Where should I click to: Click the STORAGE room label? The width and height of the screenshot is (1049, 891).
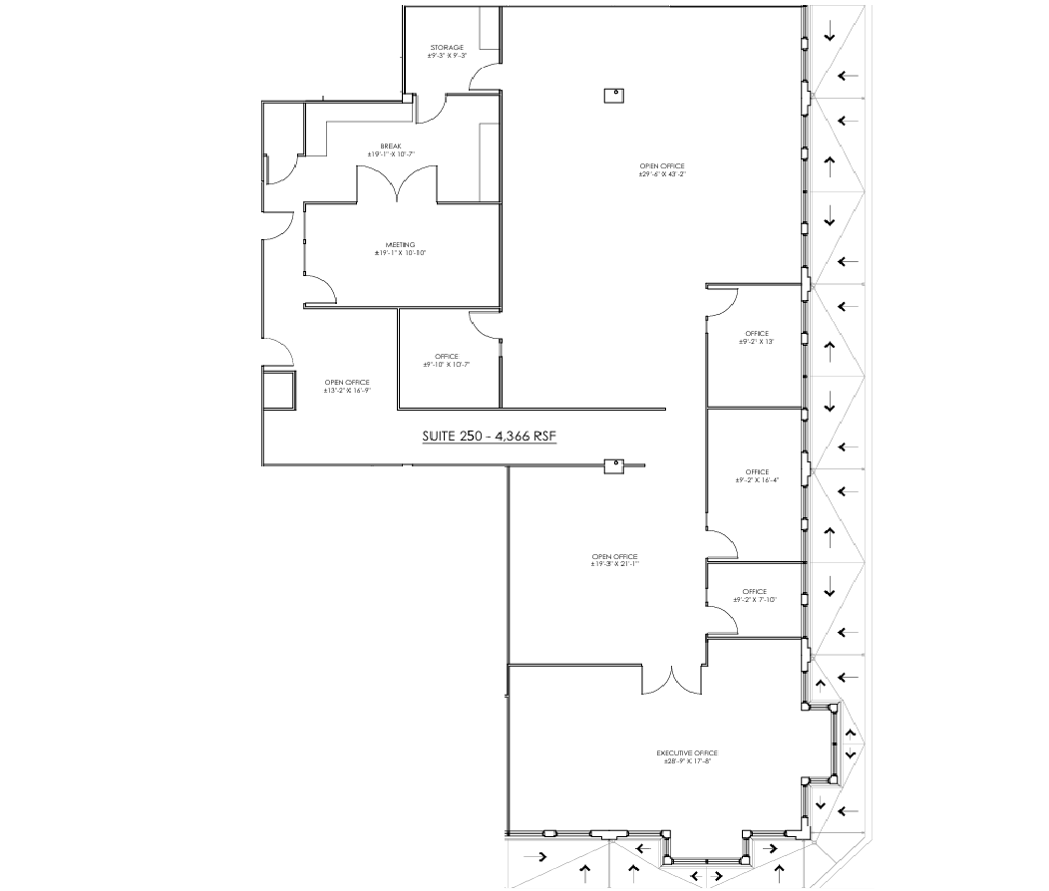click(447, 48)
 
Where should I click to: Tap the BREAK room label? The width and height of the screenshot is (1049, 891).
click(391, 146)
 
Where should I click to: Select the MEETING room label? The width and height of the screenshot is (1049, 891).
click(400, 245)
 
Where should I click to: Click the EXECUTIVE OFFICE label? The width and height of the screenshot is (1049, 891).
click(686, 752)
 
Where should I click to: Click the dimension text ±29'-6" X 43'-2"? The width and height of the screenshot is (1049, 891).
click(663, 174)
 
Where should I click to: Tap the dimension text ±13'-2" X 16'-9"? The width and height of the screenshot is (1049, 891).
click(347, 391)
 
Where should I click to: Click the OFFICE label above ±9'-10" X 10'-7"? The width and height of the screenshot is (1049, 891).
click(446, 356)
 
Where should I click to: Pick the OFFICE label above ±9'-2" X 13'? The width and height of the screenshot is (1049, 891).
click(756, 333)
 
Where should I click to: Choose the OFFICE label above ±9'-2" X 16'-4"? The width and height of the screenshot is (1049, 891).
click(756, 471)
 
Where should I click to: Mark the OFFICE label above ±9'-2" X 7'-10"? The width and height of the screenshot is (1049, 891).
click(755, 591)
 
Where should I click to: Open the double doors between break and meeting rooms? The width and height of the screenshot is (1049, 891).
click(397, 183)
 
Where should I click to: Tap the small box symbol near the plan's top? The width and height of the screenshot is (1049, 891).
click(613, 95)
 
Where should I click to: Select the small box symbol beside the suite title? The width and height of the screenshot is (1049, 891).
click(613, 464)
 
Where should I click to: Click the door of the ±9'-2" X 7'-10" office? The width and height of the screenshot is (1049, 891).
click(724, 619)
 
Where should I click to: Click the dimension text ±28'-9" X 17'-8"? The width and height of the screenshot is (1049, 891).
click(686, 761)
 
